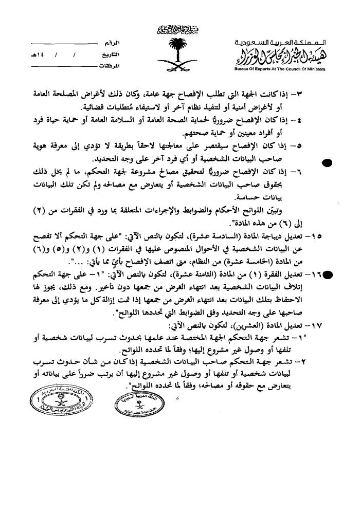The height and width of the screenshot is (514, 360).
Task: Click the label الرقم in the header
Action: tap(120, 41)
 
